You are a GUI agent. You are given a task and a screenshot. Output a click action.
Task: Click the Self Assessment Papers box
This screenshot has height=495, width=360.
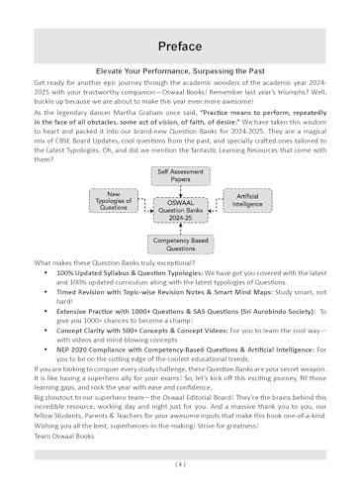179,176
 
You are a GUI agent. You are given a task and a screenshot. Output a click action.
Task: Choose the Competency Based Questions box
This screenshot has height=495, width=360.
179,243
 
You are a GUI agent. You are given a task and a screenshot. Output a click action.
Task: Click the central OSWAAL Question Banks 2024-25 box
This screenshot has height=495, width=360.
179,209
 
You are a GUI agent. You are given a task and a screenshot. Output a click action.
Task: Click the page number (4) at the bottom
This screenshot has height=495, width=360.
180,463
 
